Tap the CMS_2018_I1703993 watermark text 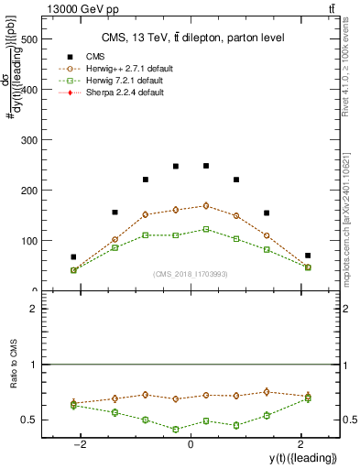(191, 274)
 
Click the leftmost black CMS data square (73, 257)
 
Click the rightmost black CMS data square (308, 256)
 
